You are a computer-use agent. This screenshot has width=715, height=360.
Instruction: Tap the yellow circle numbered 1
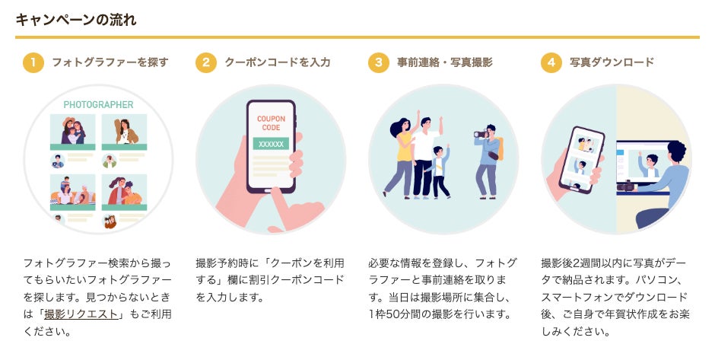tap(33, 62)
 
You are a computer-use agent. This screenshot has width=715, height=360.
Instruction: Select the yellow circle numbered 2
tap(206, 62)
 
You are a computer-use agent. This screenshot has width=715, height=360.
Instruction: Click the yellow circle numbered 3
tap(378, 62)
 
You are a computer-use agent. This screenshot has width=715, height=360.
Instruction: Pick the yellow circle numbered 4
tap(551, 62)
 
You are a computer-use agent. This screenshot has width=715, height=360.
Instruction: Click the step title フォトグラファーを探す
tap(110, 62)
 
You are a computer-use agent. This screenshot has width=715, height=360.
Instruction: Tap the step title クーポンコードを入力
tap(278, 62)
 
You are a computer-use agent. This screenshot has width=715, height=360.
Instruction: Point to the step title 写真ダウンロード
tap(612, 62)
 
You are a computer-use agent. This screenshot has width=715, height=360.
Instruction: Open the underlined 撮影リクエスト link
tap(81, 314)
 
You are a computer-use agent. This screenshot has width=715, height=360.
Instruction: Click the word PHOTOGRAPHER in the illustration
tap(98, 105)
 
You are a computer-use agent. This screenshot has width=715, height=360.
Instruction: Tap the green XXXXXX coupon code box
tap(271, 144)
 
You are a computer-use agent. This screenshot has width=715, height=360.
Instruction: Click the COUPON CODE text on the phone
tap(271, 123)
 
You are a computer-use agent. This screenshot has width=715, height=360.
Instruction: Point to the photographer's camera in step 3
tap(480, 134)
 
